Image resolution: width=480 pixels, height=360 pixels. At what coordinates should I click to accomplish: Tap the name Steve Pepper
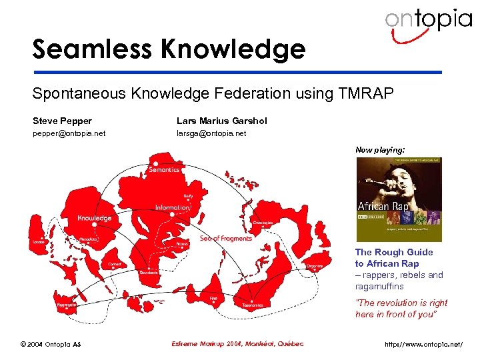pos(63,121)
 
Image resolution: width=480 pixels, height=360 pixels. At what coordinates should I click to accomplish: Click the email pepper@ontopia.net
pos(69,133)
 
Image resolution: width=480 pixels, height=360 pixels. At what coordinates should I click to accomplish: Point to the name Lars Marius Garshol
pos(221,121)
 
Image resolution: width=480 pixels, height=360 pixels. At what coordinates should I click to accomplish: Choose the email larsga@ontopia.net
pos(211,133)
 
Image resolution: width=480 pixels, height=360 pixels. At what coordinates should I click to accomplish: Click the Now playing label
pos(379,151)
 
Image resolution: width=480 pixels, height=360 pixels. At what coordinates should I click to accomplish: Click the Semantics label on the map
pos(164,170)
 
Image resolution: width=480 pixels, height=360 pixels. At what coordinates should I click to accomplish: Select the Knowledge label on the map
pos(95,218)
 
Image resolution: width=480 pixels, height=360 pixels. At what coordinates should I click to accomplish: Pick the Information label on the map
pos(173,207)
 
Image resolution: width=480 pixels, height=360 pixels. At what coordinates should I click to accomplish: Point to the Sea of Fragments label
pos(226,238)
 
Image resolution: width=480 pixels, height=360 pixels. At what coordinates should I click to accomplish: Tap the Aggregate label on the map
pos(65,304)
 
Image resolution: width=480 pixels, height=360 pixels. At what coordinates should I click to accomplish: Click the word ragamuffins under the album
pos(379,286)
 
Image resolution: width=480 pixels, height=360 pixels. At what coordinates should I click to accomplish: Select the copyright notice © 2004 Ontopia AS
pos(50,344)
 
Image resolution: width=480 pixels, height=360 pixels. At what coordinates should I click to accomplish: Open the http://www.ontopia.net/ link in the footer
pos(423,345)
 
